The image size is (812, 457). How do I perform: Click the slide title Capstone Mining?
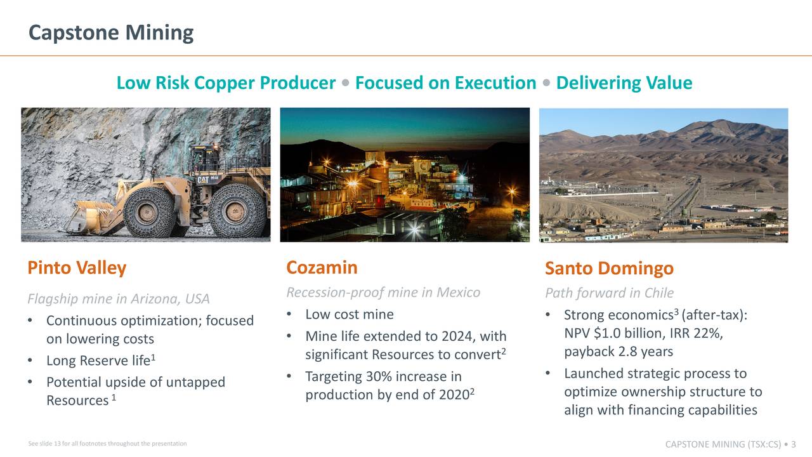click(x=111, y=32)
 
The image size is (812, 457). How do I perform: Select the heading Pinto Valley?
click(x=77, y=268)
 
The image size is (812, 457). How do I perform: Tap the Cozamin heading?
click(x=322, y=267)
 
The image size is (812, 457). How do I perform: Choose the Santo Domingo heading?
click(x=609, y=269)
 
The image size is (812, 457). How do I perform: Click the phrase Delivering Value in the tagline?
click(x=624, y=83)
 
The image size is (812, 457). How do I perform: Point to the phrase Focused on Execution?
click(x=445, y=83)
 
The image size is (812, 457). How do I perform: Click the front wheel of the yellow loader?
click(x=149, y=211)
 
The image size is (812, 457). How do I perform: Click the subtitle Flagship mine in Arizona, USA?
click(x=119, y=299)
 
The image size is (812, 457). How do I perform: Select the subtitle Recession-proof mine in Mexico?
click(x=383, y=293)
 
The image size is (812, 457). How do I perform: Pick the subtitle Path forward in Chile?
click(x=609, y=293)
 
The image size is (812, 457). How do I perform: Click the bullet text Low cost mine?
click(x=349, y=315)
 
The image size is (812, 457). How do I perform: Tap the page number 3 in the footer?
click(x=794, y=444)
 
